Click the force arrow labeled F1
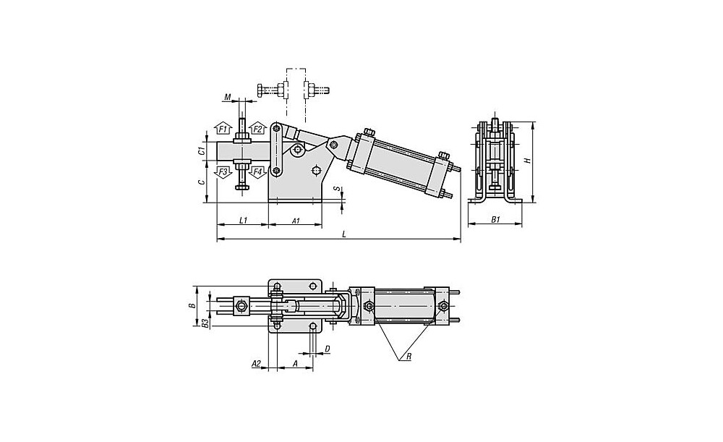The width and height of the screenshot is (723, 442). (x=223, y=130)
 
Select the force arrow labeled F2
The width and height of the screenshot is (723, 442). (x=257, y=130)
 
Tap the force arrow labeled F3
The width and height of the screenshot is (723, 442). (x=223, y=171)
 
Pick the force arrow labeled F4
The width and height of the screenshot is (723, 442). (x=257, y=171)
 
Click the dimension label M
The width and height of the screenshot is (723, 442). (x=227, y=97)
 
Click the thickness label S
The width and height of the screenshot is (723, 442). (x=336, y=188)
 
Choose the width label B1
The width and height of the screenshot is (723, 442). (x=495, y=220)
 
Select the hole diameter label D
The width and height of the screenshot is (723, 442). (x=328, y=348)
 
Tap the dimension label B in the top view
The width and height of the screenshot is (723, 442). (x=192, y=306)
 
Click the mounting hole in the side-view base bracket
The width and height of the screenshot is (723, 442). (x=317, y=171)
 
